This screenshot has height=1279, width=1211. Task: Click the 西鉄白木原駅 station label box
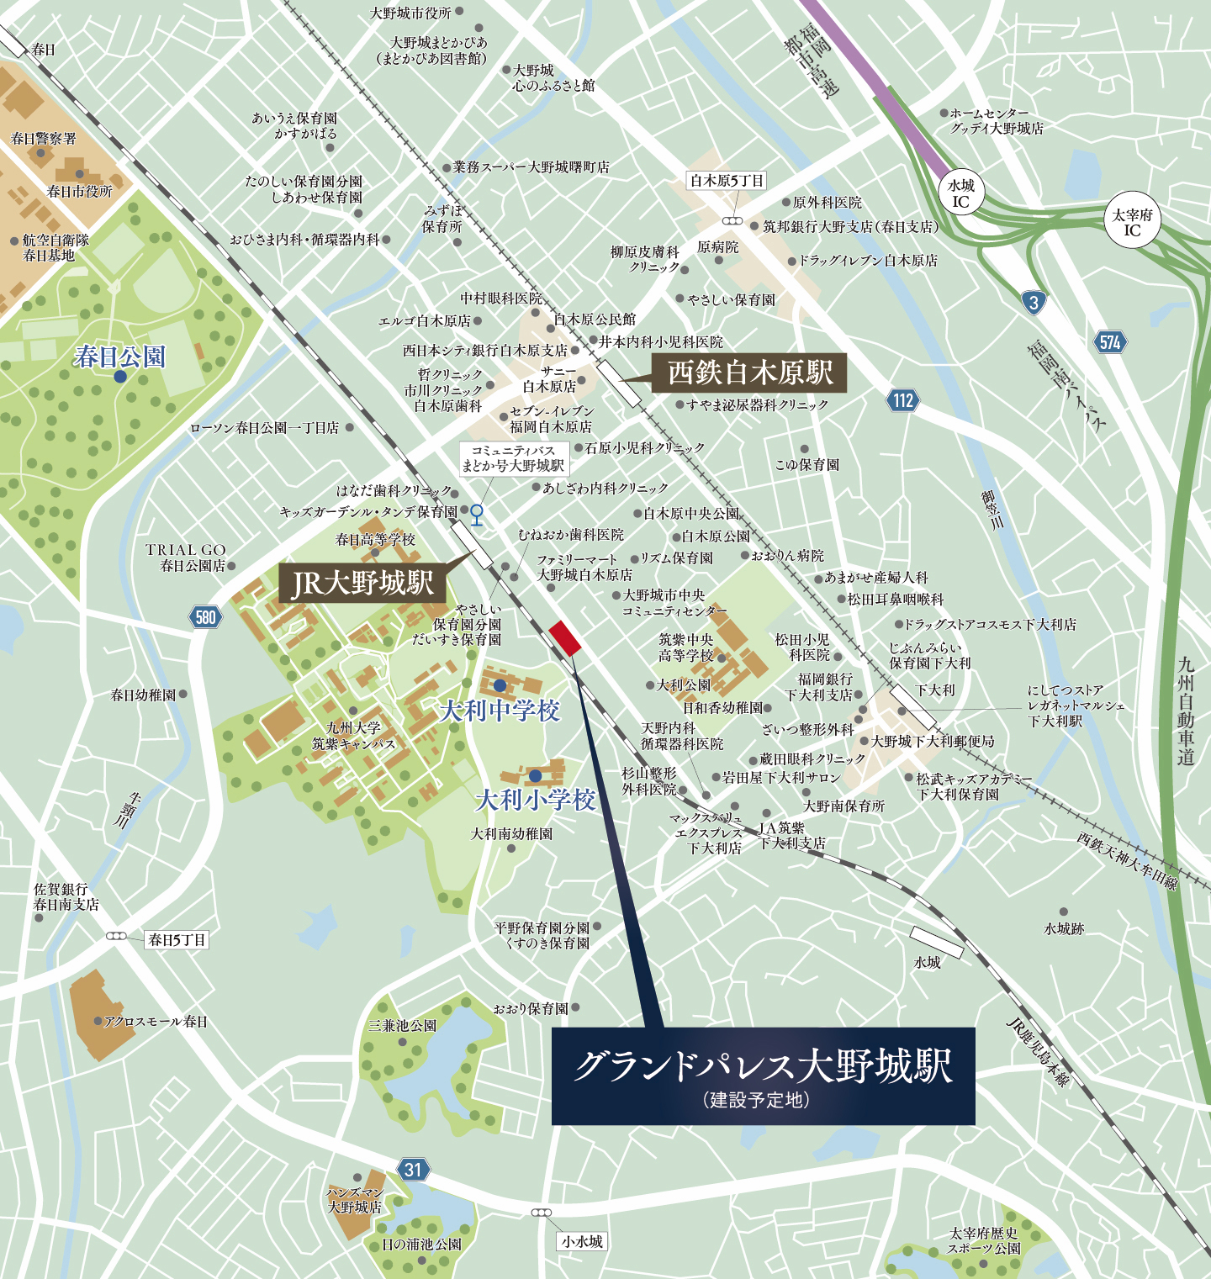click(748, 373)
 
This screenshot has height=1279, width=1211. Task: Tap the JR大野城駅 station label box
click(362, 583)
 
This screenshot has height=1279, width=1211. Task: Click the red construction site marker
click(564, 638)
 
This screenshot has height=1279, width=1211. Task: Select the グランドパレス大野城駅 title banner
click(763, 1076)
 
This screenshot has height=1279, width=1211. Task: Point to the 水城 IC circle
click(961, 194)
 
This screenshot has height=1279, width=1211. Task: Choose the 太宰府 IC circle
click(1132, 222)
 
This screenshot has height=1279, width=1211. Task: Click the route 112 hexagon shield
click(903, 400)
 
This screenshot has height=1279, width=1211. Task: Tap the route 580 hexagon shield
click(205, 617)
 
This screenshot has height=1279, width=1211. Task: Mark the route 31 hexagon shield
click(412, 1169)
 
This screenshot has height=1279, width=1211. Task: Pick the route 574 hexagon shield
click(1110, 342)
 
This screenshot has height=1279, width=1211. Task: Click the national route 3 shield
click(1034, 303)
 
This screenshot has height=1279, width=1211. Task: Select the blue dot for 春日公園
click(120, 377)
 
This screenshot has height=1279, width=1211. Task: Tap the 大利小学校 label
click(536, 799)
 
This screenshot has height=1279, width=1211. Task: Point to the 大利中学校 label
click(500, 711)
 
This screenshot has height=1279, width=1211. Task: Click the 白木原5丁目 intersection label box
click(727, 181)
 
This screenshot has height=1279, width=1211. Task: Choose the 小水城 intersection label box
click(582, 1241)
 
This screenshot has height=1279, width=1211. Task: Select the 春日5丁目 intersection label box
click(177, 939)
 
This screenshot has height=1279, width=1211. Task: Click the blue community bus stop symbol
click(476, 513)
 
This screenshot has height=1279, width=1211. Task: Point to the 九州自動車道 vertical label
click(1186, 711)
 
